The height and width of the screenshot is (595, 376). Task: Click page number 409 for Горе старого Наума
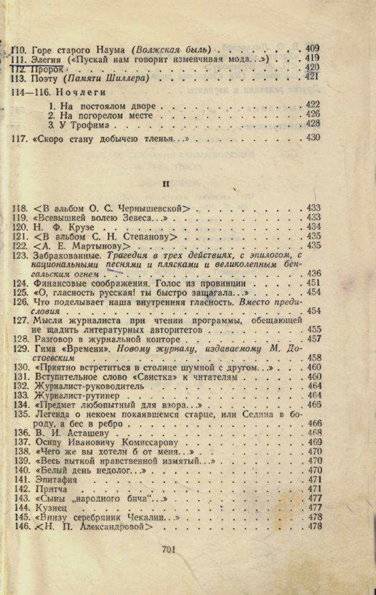(312, 48)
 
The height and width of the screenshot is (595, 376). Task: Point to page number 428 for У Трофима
(313, 124)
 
